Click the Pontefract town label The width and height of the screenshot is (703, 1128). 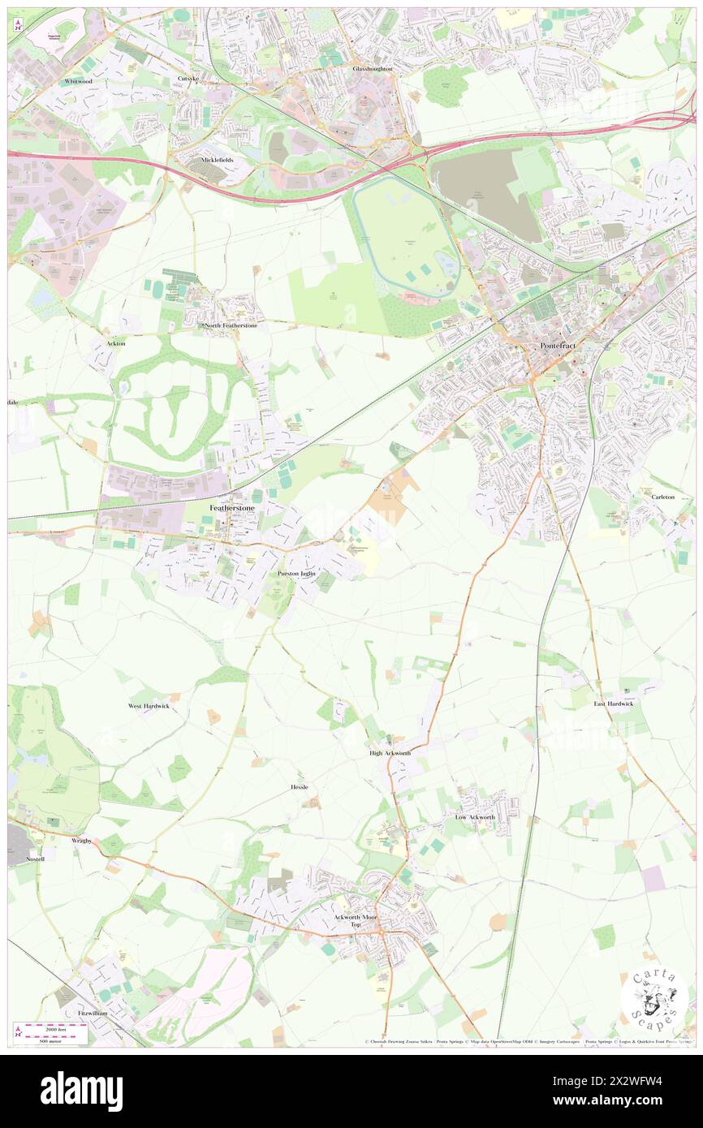(558, 347)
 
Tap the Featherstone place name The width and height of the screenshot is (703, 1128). (232, 508)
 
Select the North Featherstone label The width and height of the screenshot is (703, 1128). (231, 325)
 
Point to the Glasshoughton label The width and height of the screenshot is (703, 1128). (373, 69)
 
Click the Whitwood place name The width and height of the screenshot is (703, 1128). (80, 82)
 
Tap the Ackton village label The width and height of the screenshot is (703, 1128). (116, 343)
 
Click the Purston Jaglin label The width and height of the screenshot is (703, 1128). (295, 573)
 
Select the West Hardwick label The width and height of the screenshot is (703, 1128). (149, 706)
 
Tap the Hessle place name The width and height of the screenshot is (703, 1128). (300, 787)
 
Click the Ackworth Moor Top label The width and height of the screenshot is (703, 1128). (355, 921)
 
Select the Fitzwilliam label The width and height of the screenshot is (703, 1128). (93, 1014)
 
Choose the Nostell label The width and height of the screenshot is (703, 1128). (35, 858)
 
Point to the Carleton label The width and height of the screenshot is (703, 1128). (662, 497)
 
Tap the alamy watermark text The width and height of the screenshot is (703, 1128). (82, 1090)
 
